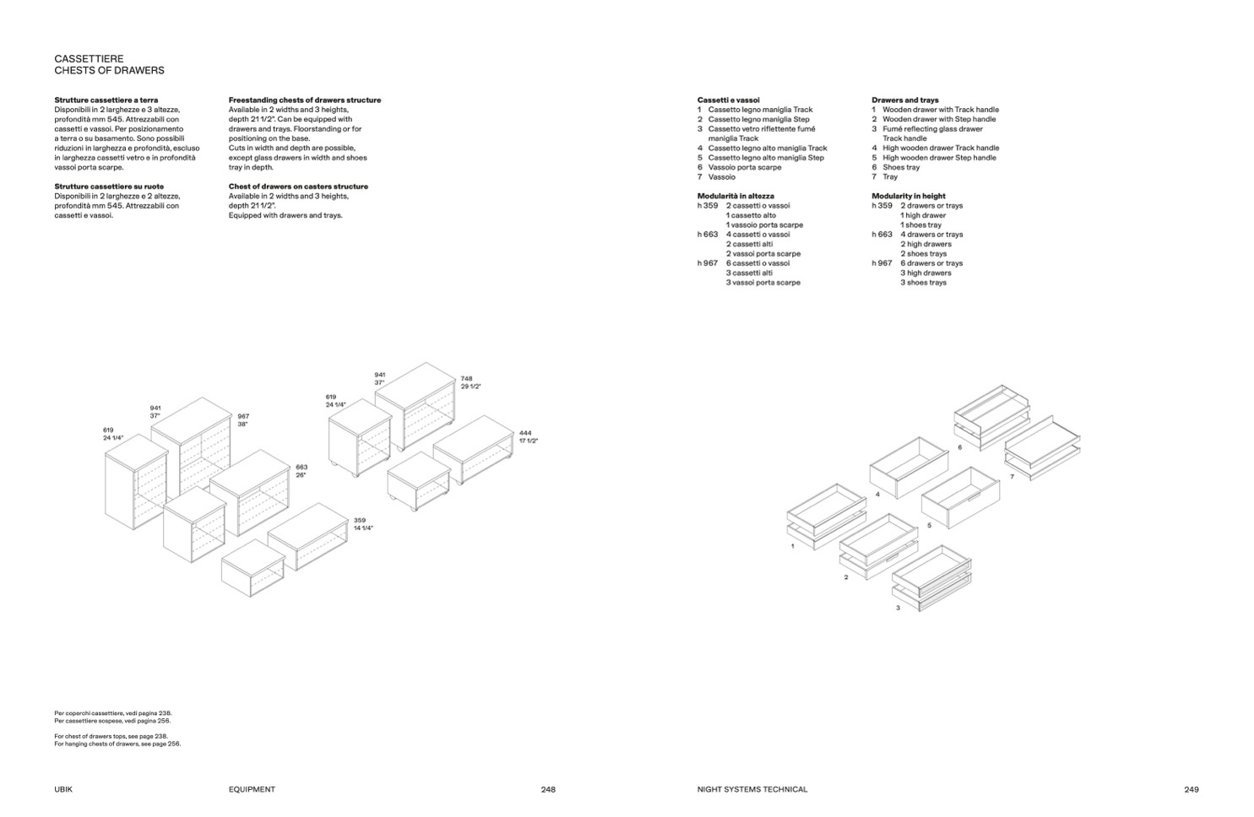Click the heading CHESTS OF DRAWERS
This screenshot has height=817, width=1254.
[x=109, y=71]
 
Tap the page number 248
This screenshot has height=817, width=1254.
[x=548, y=790]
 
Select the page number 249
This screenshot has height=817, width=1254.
[x=1191, y=790]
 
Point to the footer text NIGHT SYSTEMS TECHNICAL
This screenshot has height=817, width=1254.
[x=752, y=790]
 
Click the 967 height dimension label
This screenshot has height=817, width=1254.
[x=243, y=416]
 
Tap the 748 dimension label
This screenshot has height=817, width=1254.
[x=466, y=379]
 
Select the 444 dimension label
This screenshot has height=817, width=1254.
[x=525, y=433]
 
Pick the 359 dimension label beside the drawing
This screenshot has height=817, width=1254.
[x=360, y=520]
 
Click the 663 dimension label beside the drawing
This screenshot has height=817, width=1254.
[x=301, y=467]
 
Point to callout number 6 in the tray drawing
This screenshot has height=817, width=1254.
[x=959, y=448]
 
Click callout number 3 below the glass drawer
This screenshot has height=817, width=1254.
[x=898, y=608]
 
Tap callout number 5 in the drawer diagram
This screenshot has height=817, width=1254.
[x=929, y=525]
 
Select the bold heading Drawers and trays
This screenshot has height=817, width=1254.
[x=904, y=100]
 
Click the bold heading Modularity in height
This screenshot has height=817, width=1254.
[x=908, y=196]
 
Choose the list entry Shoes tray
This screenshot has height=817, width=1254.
[x=900, y=167]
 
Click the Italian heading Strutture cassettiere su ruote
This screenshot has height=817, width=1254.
[x=109, y=187]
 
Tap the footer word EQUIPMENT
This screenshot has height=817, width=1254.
[x=252, y=790]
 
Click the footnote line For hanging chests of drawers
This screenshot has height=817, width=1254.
[x=117, y=744]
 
